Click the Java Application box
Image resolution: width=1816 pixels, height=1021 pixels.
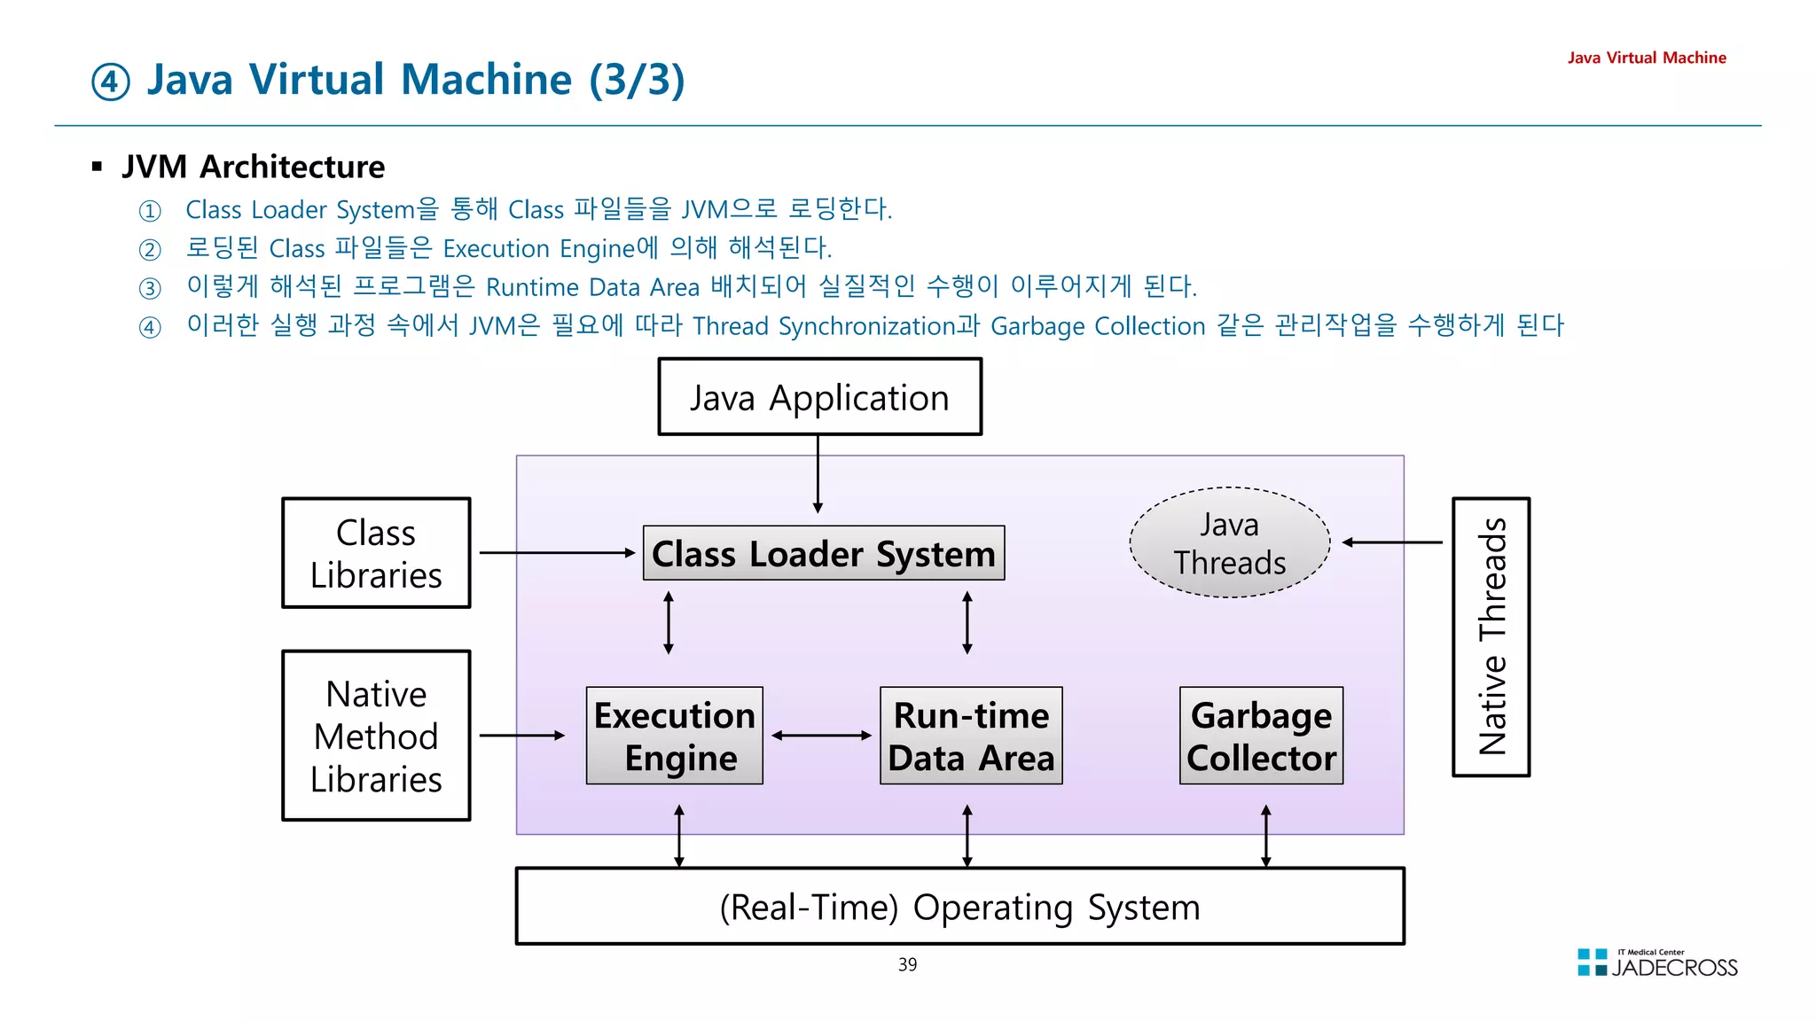819,397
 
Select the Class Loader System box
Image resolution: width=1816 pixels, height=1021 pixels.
823,553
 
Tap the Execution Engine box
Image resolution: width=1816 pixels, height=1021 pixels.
674,736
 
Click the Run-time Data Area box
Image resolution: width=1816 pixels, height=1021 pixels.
971,736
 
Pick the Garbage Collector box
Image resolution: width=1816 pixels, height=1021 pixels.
1261,736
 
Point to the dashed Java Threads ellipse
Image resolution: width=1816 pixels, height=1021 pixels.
1230,542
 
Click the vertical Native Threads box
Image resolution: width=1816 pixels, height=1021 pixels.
1491,636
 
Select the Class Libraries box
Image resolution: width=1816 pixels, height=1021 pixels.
376,553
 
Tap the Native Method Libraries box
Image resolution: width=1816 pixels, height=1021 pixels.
376,736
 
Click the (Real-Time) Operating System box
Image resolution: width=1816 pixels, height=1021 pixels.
959,906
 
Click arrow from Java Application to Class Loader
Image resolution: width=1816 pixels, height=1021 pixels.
818,473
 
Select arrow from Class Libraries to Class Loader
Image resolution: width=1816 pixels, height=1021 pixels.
557,553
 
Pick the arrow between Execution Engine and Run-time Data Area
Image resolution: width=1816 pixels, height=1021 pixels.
821,736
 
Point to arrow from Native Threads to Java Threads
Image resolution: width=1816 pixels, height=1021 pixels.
1392,542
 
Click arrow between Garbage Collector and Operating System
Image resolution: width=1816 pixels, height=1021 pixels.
1265,836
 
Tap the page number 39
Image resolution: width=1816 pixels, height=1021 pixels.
907,964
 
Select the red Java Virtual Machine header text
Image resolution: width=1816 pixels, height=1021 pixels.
1646,58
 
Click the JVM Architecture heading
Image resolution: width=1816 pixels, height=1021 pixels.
253,167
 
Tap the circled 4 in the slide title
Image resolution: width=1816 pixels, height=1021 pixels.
111,82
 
